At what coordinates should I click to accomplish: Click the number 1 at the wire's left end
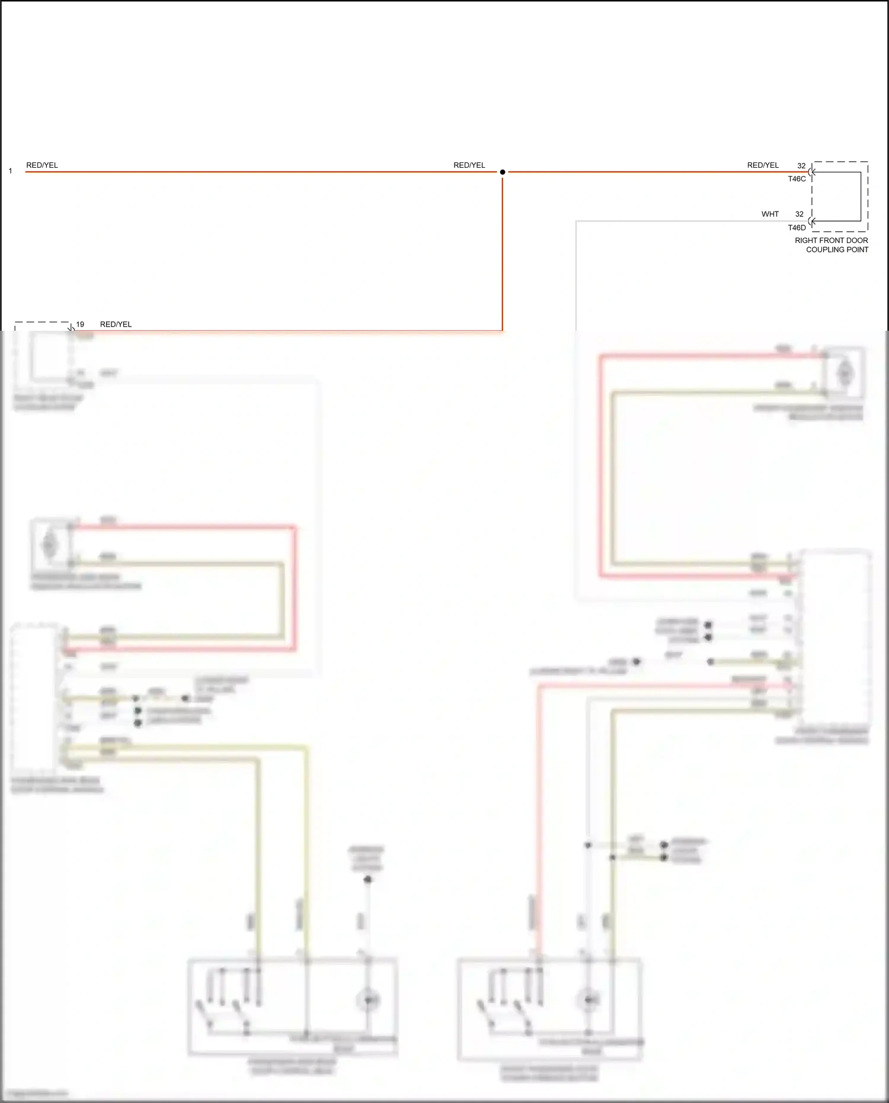[10, 171]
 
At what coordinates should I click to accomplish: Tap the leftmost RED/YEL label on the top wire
[42, 165]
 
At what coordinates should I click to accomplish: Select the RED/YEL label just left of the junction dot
[469, 165]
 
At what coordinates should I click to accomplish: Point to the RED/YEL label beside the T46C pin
[763, 165]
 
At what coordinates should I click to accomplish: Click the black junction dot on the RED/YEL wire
[503, 172]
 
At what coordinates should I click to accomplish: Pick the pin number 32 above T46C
[801, 166]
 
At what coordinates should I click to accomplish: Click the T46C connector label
[797, 179]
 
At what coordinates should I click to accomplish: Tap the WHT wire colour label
[770, 215]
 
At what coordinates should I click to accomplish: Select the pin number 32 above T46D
[800, 215]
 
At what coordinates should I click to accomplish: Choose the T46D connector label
[797, 228]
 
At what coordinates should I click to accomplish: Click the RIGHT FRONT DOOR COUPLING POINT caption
[832, 245]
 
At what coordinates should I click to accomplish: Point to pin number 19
[80, 325]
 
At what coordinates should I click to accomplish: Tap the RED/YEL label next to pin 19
[116, 325]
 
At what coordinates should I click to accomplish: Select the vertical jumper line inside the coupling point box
[861, 197]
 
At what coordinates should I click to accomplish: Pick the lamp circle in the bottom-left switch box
[367, 1000]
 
